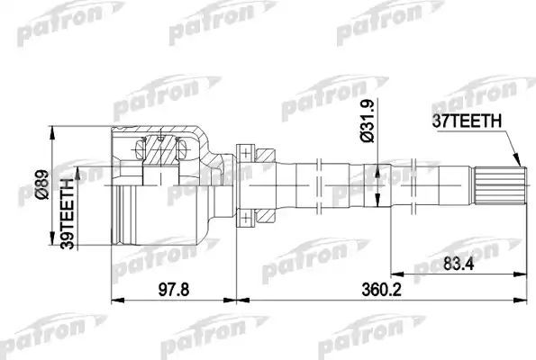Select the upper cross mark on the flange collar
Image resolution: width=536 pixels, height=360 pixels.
242,148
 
